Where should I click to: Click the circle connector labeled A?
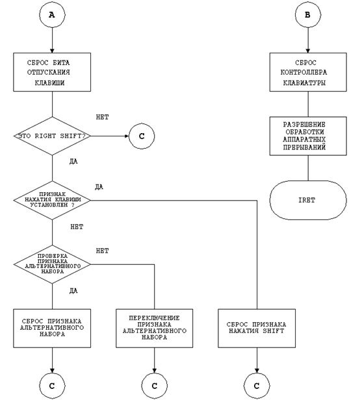pyautogui.click(x=52, y=15)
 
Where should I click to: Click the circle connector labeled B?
pyautogui.click(x=308, y=15)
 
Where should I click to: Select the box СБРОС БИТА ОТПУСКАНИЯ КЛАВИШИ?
pyautogui.click(x=52, y=72)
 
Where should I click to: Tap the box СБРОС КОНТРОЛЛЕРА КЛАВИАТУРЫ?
pyautogui.click(x=308, y=72)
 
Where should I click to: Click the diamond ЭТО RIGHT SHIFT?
pyautogui.click(x=52, y=136)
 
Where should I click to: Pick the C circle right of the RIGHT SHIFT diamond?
pyautogui.click(x=142, y=136)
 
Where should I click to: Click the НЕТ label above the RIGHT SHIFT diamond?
pyautogui.click(x=103, y=117)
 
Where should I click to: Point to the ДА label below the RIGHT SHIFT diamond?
pyautogui.click(x=73, y=162)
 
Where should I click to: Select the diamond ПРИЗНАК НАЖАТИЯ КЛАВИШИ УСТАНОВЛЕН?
pyautogui.click(x=52, y=200)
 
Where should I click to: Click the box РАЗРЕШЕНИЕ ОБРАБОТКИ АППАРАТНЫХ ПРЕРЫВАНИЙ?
pyautogui.click(x=308, y=136)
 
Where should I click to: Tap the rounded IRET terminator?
pyautogui.click(x=308, y=200)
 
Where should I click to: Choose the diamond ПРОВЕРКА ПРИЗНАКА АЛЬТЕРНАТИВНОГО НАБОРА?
pyautogui.click(x=52, y=264)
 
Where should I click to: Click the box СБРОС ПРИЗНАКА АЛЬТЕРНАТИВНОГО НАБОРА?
pyautogui.click(x=52, y=329)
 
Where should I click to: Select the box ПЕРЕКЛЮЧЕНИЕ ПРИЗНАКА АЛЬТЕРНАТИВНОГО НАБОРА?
pyautogui.click(x=155, y=329)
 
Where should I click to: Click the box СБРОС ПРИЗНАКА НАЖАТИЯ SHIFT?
pyautogui.click(x=257, y=329)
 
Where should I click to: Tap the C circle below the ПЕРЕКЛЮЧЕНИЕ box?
pyautogui.click(x=155, y=386)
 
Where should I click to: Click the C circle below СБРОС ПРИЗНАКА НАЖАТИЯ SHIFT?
pyautogui.click(x=257, y=386)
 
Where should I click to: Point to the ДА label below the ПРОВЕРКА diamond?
pyautogui.click(x=73, y=291)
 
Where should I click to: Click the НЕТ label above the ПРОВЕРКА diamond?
pyautogui.click(x=103, y=251)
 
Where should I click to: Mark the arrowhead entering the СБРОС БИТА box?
pyautogui.click(x=52, y=51)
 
